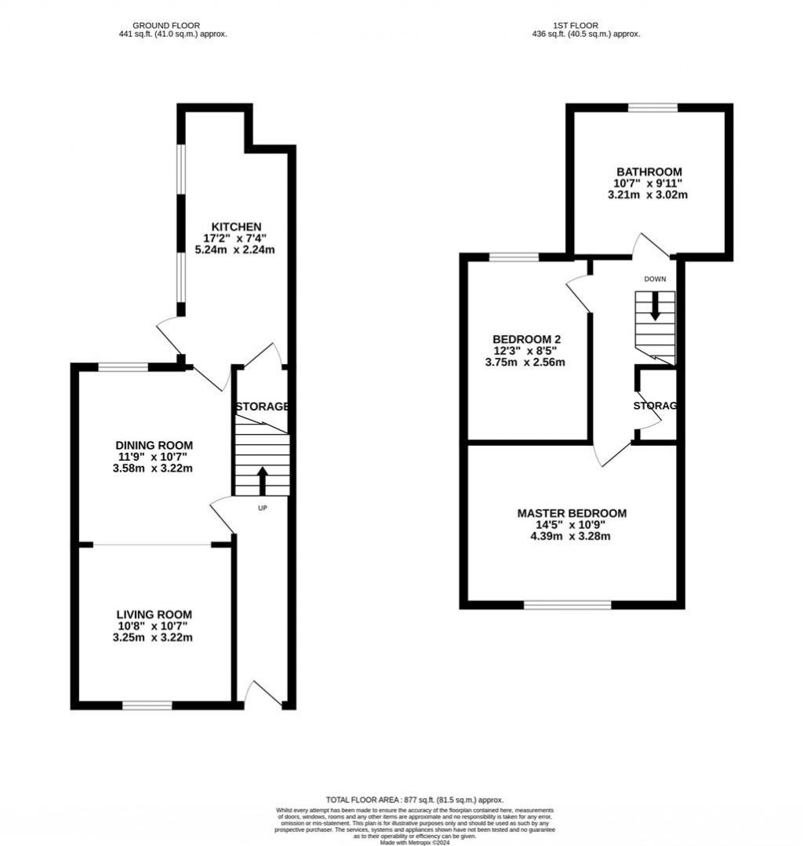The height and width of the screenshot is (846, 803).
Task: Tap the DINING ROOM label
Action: pos(154,445)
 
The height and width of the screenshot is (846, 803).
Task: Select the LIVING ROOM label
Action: pos(154,614)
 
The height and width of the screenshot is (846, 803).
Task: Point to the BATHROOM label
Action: pos(649,172)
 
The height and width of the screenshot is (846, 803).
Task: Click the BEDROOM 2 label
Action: pos(525,339)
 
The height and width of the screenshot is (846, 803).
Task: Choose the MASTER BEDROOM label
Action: pos(572,513)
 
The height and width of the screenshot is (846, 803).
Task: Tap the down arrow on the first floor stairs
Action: pos(655,307)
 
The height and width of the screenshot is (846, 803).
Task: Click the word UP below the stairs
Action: pos(263,508)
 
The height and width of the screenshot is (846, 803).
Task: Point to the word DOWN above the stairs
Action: pos(655,279)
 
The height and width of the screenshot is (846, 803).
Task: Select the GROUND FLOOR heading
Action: pos(165,25)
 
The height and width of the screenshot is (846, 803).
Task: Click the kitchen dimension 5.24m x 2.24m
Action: pos(234,250)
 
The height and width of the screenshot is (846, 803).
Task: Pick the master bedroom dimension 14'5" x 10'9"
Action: pos(572,525)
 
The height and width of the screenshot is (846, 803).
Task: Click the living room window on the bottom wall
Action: pos(147,706)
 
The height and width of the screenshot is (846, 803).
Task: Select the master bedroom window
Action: pos(567,604)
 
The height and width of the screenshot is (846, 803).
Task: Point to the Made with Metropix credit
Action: pos(415,842)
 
